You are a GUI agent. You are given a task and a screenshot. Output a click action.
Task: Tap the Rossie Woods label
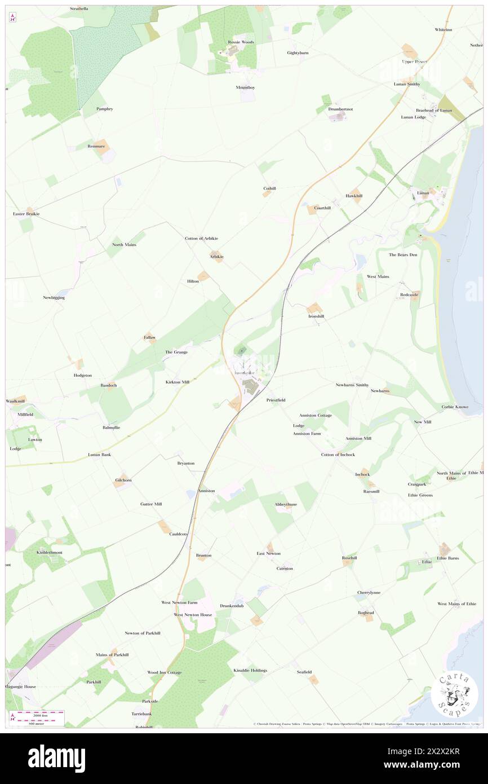(241, 42)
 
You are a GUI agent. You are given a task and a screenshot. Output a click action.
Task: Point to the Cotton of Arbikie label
(201, 239)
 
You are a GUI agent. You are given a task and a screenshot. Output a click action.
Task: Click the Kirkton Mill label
(178, 382)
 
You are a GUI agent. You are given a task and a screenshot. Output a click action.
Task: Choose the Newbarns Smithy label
(352, 385)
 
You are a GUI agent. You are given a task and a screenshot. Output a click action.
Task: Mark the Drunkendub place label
(232, 605)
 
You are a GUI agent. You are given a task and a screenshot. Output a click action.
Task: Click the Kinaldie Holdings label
(250, 670)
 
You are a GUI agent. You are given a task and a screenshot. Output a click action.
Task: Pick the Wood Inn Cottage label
(165, 672)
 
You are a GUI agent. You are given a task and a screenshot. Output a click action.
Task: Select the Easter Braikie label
(26, 214)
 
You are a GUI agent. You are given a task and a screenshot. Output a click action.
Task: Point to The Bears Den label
(403, 255)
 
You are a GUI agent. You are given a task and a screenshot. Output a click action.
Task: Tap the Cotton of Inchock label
(338, 455)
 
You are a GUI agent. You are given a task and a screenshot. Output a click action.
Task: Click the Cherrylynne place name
(369, 592)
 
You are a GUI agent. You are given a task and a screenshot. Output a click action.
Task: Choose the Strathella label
(79, 9)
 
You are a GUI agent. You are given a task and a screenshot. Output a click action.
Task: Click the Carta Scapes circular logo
(454, 694)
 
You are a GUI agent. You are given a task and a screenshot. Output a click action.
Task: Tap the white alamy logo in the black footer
(57, 759)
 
